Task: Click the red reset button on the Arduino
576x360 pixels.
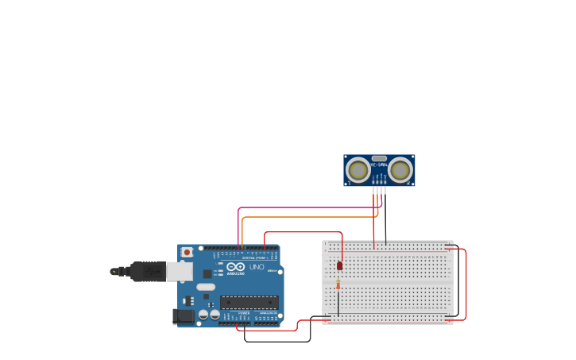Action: [x=187, y=253]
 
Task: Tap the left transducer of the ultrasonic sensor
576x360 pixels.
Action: [x=358, y=169]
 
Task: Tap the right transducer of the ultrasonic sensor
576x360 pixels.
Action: [x=400, y=169]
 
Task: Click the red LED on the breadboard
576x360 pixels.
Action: [x=339, y=265]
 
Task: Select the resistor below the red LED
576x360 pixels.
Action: [x=338, y=284]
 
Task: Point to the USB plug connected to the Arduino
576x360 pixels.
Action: [x=151, y=272]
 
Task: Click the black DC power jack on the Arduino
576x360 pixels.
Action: [x=184, y=315]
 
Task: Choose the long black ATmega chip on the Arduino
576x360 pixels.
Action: [x=249, y=302]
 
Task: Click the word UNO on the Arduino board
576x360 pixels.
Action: [x=257, y=267]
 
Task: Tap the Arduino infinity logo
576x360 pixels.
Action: [x=235, y=267]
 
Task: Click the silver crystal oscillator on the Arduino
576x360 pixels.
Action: [x=206, y=287]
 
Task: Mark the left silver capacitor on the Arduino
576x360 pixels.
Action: [x=204, y=315]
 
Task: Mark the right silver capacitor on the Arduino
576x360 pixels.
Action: [x=215, y=315]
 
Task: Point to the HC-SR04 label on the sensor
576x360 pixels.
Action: [x=379, y=165]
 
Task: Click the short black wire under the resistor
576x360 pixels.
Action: [x=338, y=304]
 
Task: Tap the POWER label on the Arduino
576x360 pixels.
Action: [x=244, y=313]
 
